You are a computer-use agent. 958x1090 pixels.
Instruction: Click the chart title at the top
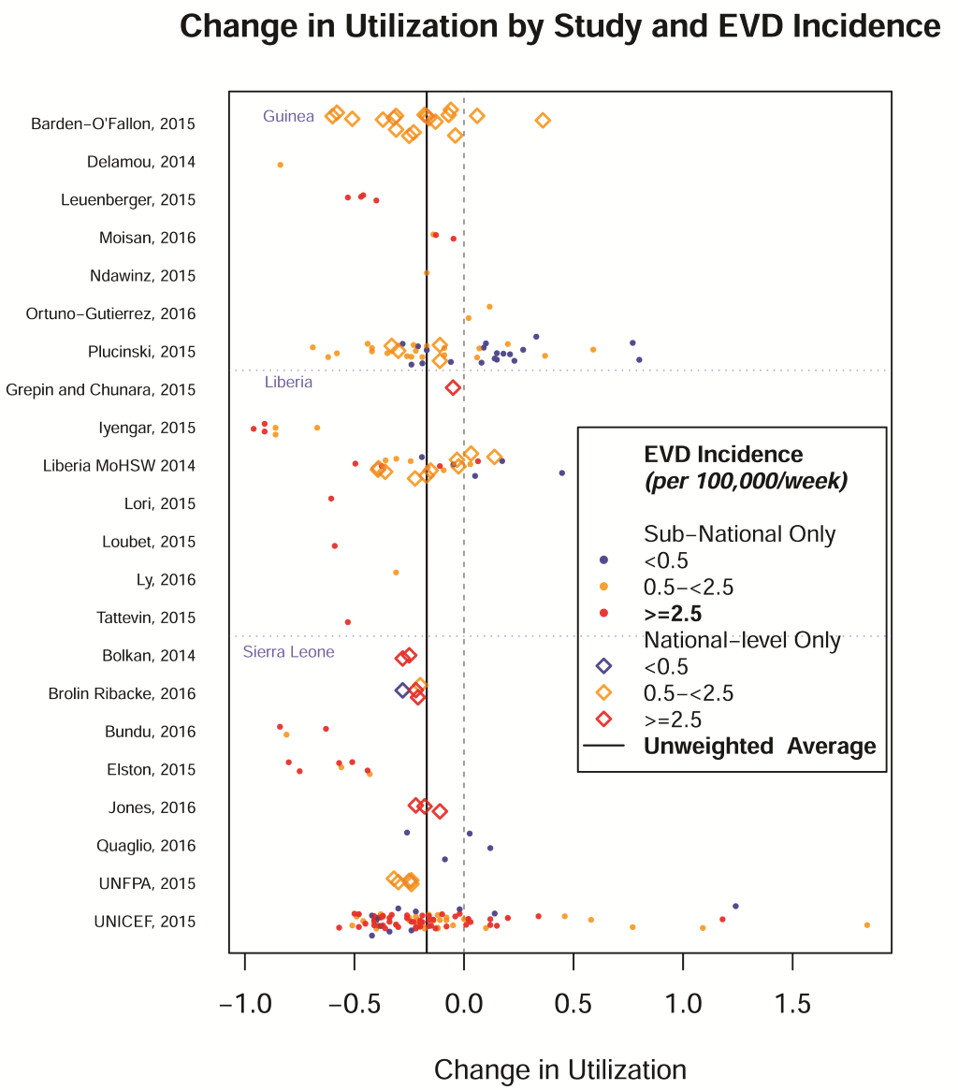pos(559,27)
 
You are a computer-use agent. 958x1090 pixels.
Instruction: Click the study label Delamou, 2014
pos(141,162)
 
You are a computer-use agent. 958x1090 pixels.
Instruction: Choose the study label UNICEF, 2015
pos(145,922)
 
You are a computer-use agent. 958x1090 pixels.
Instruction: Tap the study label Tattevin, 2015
pos(146,618)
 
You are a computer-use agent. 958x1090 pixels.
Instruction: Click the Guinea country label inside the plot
pos(288,116)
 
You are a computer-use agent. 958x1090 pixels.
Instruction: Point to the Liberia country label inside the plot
pos(288,382)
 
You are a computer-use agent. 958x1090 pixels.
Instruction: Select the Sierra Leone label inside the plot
pos(288,651)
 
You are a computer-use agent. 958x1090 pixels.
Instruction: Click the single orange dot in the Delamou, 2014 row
pos(281,165)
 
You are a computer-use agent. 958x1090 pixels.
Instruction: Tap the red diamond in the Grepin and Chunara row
pos(453,387)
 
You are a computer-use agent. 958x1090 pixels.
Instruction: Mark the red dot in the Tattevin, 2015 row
pos(348,621)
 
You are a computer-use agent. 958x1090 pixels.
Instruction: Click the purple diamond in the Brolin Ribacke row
pos(402,690)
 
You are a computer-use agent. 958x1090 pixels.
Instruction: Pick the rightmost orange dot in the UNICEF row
pos(867,924)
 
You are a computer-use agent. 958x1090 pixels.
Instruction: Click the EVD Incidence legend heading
pos(723,455)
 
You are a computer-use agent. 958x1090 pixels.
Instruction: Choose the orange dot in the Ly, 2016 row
pos(396,572)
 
